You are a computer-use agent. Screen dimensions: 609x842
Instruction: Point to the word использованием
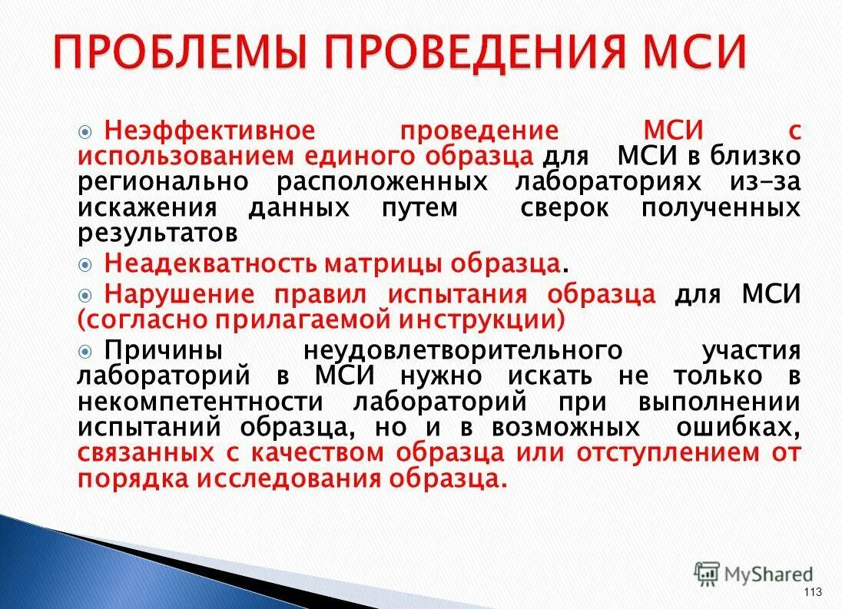coord(185,156)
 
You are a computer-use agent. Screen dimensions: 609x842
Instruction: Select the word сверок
coord(565,207)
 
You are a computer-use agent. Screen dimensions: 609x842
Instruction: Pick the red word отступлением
coord(666,452)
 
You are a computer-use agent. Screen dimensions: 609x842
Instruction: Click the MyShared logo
coord(753,574)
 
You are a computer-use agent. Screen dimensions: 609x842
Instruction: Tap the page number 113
coord(812,591)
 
